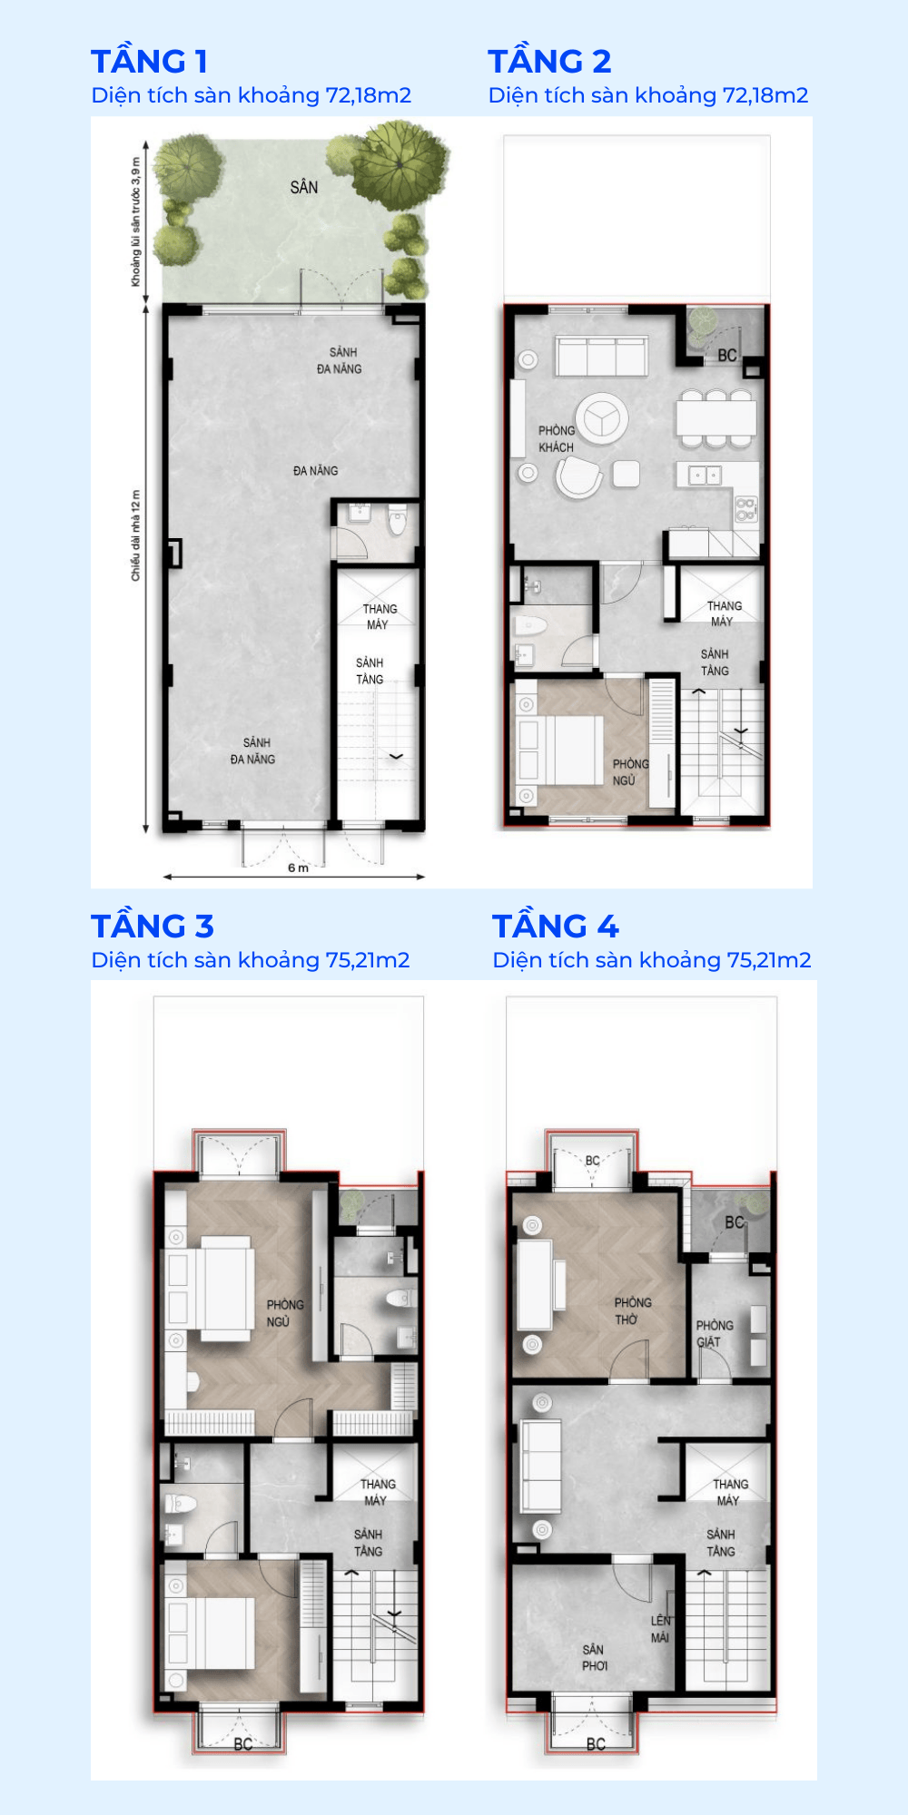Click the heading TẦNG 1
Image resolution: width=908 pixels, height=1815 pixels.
150,62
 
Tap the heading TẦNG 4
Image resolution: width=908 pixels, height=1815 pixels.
555,927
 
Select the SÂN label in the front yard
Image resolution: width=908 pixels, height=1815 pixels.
304,188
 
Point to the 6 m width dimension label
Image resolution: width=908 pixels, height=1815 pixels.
298,868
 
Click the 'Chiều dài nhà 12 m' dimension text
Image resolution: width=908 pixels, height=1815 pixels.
136,535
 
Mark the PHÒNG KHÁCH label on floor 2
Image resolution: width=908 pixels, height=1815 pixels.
557,439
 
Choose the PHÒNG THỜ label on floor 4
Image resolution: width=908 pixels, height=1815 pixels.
632,1311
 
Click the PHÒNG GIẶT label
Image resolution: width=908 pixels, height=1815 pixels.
714,1334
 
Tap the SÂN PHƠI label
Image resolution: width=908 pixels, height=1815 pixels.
594,1657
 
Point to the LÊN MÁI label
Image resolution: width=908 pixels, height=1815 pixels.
660,1629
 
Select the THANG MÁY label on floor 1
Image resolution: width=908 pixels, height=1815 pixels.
379,617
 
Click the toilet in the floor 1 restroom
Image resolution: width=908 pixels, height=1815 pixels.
397,524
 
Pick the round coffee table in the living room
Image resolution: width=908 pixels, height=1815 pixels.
601,417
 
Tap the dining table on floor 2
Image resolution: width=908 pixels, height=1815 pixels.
716,418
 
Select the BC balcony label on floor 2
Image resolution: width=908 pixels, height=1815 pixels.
727,356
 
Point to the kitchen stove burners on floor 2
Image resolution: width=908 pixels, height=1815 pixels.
745,509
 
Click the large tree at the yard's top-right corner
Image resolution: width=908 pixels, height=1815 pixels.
400,163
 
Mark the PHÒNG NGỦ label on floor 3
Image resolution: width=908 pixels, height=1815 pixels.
284,1313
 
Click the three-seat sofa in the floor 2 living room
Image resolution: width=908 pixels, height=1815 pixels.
601,356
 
